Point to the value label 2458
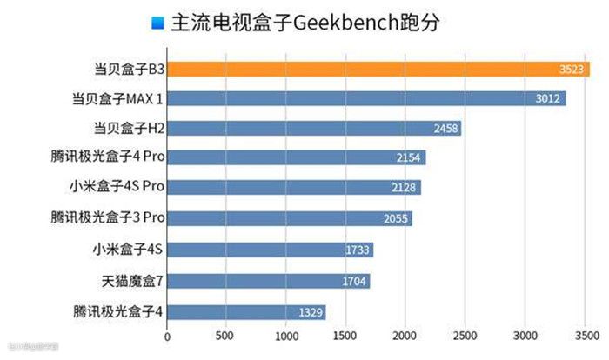(x=445, y=130)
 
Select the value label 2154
(x=409, y=159)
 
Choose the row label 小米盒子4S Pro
(x=116, y=187)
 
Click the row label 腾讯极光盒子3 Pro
(x=108, y=217)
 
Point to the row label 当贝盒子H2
(x=130, y=128)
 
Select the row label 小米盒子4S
(x=128, y=249)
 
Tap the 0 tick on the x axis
(x=168, y=336)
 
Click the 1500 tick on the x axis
(x=346, y=336)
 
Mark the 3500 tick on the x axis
(x=584, y=336)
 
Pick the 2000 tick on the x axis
(x=405, y=336)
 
